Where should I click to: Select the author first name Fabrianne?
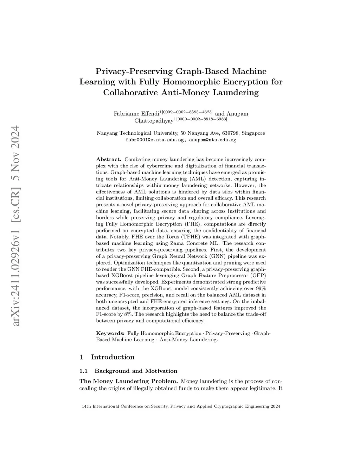(x=126, y=114)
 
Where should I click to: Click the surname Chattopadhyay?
(x=154, y=121)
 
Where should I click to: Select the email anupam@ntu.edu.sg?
(x=213, y=140)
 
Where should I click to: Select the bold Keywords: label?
(x=110, y=333)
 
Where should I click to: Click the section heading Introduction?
(x=112, y=357)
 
